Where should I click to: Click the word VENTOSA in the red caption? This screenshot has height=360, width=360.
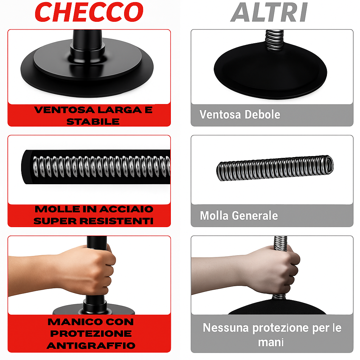(60, 110)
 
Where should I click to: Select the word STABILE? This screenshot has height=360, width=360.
(93, 122)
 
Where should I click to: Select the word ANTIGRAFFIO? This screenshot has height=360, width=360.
(91, 345)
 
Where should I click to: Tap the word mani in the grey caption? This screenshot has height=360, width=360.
(271, 342)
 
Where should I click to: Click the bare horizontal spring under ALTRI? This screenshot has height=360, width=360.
(275, 168)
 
